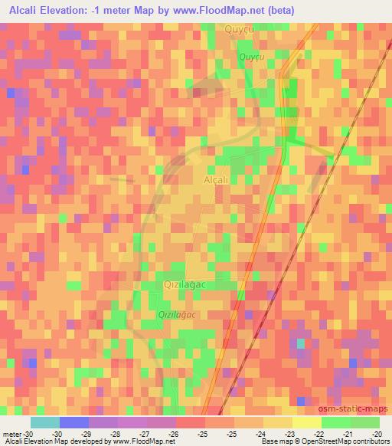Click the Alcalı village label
[217, 179]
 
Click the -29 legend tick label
[87, 433]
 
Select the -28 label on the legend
[116, 433]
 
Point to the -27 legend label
[145, 433]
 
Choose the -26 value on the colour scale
[174, 433]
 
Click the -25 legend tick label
[203, 433]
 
